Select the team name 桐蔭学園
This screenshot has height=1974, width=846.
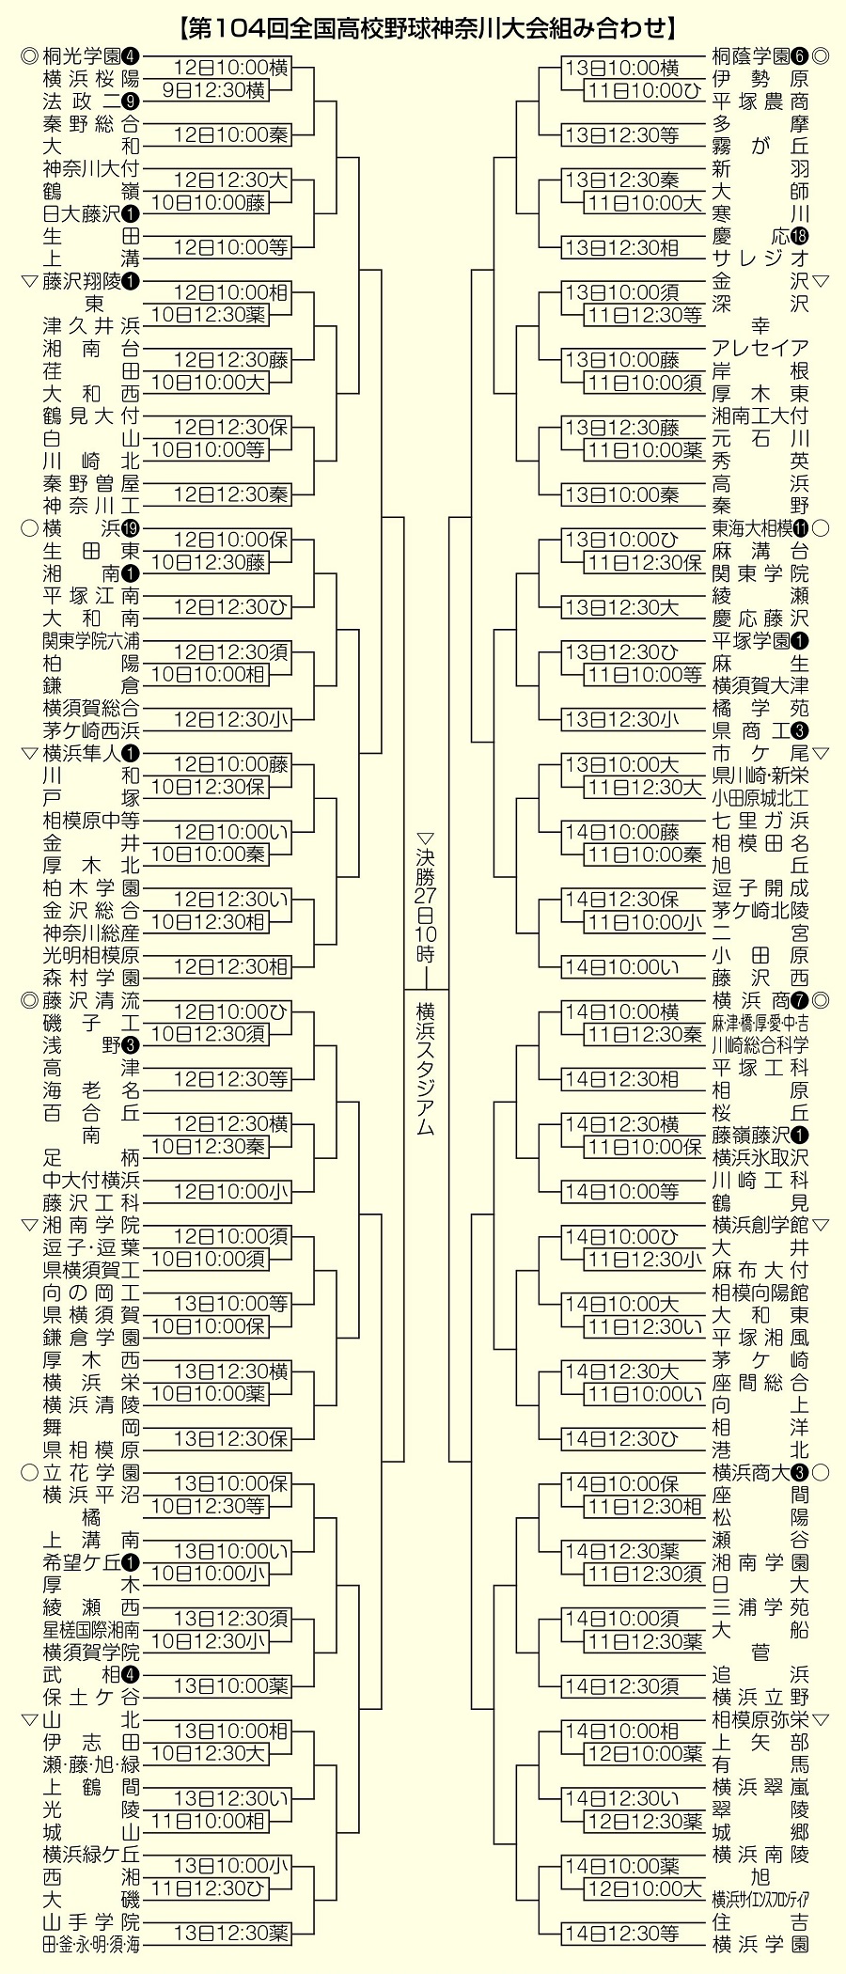pos(751,55)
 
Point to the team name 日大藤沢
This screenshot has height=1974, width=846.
pos(82,213)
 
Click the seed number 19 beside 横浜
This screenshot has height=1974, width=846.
pos(131,527)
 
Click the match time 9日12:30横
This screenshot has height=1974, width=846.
pos(215,89)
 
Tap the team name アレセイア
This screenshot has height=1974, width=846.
pos(760,349)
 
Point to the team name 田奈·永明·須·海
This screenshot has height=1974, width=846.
pos(91,1944)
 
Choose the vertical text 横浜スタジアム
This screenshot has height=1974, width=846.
pos(426,1068)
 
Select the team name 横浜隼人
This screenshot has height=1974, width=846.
pos(82,753)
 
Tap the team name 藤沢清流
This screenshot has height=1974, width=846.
pos(91,1000)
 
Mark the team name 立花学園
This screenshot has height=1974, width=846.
pos(91,1472)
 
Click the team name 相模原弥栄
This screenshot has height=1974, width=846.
pos(760,1720)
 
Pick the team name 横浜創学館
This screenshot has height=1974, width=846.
pos(760,1225)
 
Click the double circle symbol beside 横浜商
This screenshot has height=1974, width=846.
pos(820,1000)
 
